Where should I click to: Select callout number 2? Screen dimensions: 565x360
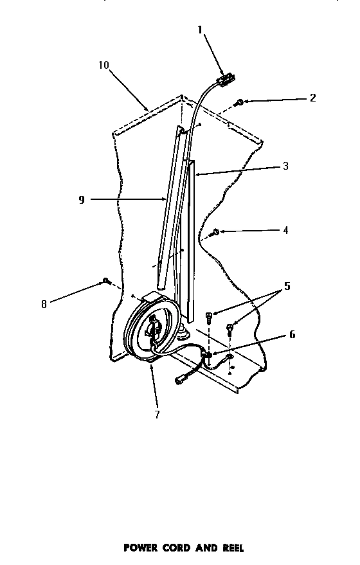313,98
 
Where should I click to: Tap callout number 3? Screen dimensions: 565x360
285,166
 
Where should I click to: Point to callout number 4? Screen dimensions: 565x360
285,229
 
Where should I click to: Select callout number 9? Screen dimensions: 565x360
82,200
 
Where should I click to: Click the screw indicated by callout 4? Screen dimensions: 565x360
216,232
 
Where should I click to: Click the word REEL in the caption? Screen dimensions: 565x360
231,548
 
